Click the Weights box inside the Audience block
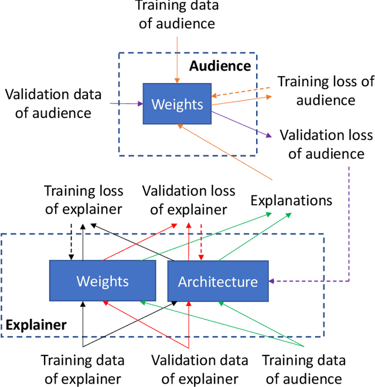(177, 104)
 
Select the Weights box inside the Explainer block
(103, 281)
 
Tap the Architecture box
(218, 281)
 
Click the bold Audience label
(220, 66)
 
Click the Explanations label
(291, 200)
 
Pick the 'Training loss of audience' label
(325, 90)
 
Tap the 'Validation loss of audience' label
(326, 144)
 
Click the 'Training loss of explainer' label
(83, 200)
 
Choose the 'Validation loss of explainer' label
(189, 200)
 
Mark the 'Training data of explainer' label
(82, 369)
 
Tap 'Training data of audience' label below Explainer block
(303, 369)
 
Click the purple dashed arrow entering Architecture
(311, 281)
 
